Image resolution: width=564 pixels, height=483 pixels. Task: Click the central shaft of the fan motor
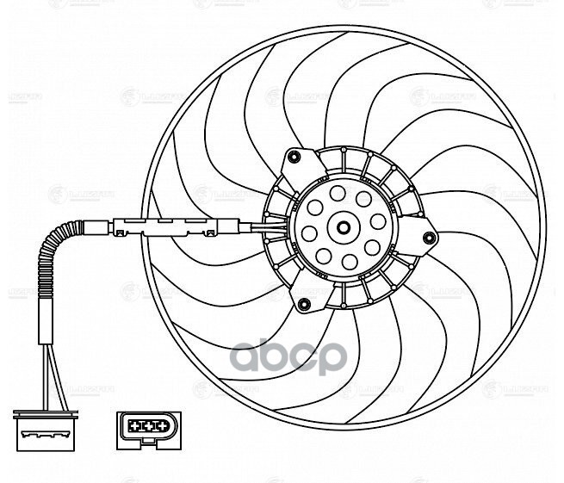click(343, 228)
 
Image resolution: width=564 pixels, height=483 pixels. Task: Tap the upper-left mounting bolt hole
click(294, 156)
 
